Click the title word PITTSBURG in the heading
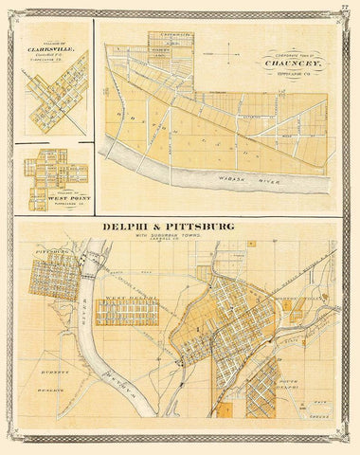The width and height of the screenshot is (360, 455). (207, 227)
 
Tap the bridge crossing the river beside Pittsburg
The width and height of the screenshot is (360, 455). (90, 269)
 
